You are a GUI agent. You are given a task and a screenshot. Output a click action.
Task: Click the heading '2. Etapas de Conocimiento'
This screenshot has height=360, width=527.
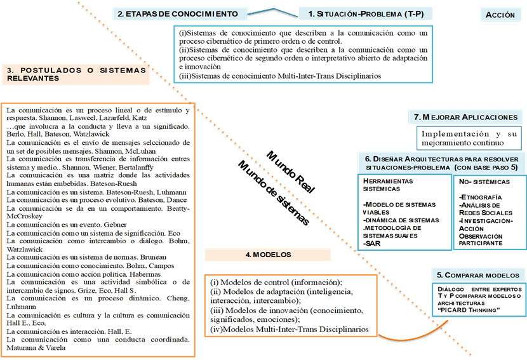pos(177,13)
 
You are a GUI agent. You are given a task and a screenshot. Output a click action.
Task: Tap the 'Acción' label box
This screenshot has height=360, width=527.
pos(500,15)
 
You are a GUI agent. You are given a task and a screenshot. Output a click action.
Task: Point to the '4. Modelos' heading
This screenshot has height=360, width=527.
pos(267,255)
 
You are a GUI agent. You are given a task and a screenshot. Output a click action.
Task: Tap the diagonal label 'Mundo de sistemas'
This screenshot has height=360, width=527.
pos(274,193)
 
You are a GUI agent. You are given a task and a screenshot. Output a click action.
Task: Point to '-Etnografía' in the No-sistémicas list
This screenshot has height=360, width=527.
pos(479,197)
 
